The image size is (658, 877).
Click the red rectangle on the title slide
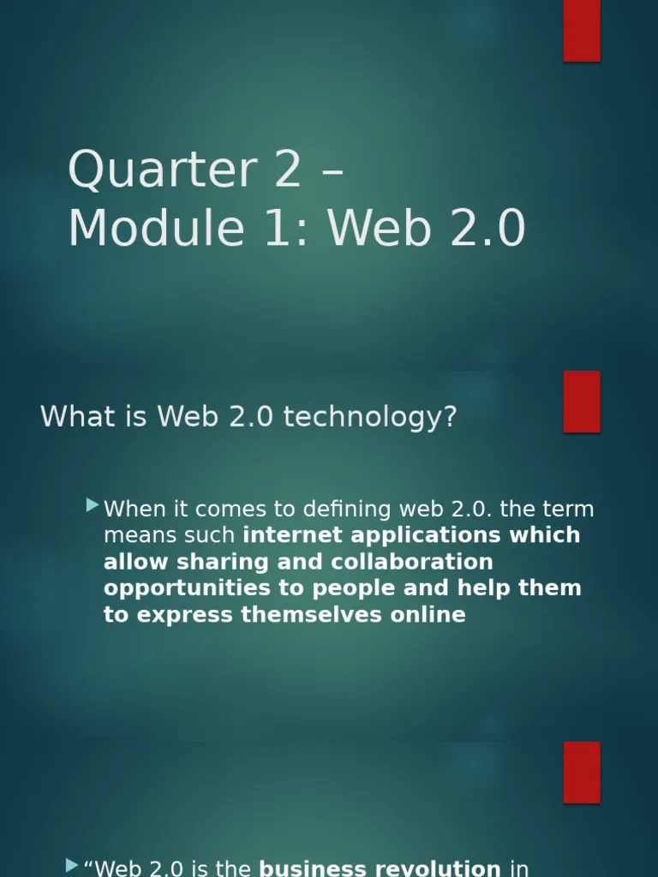coord(581,31)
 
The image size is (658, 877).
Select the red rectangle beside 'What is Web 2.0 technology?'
coord(581,402)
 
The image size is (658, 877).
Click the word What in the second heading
coord(69,417)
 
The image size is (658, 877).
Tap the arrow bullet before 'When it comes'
coord(93,507)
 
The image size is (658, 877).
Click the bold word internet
coord(287,535)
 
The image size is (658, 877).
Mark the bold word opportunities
coord(175,588)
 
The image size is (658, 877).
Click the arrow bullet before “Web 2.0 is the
coord(72,867)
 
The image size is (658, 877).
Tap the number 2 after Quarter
coord(288,170)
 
